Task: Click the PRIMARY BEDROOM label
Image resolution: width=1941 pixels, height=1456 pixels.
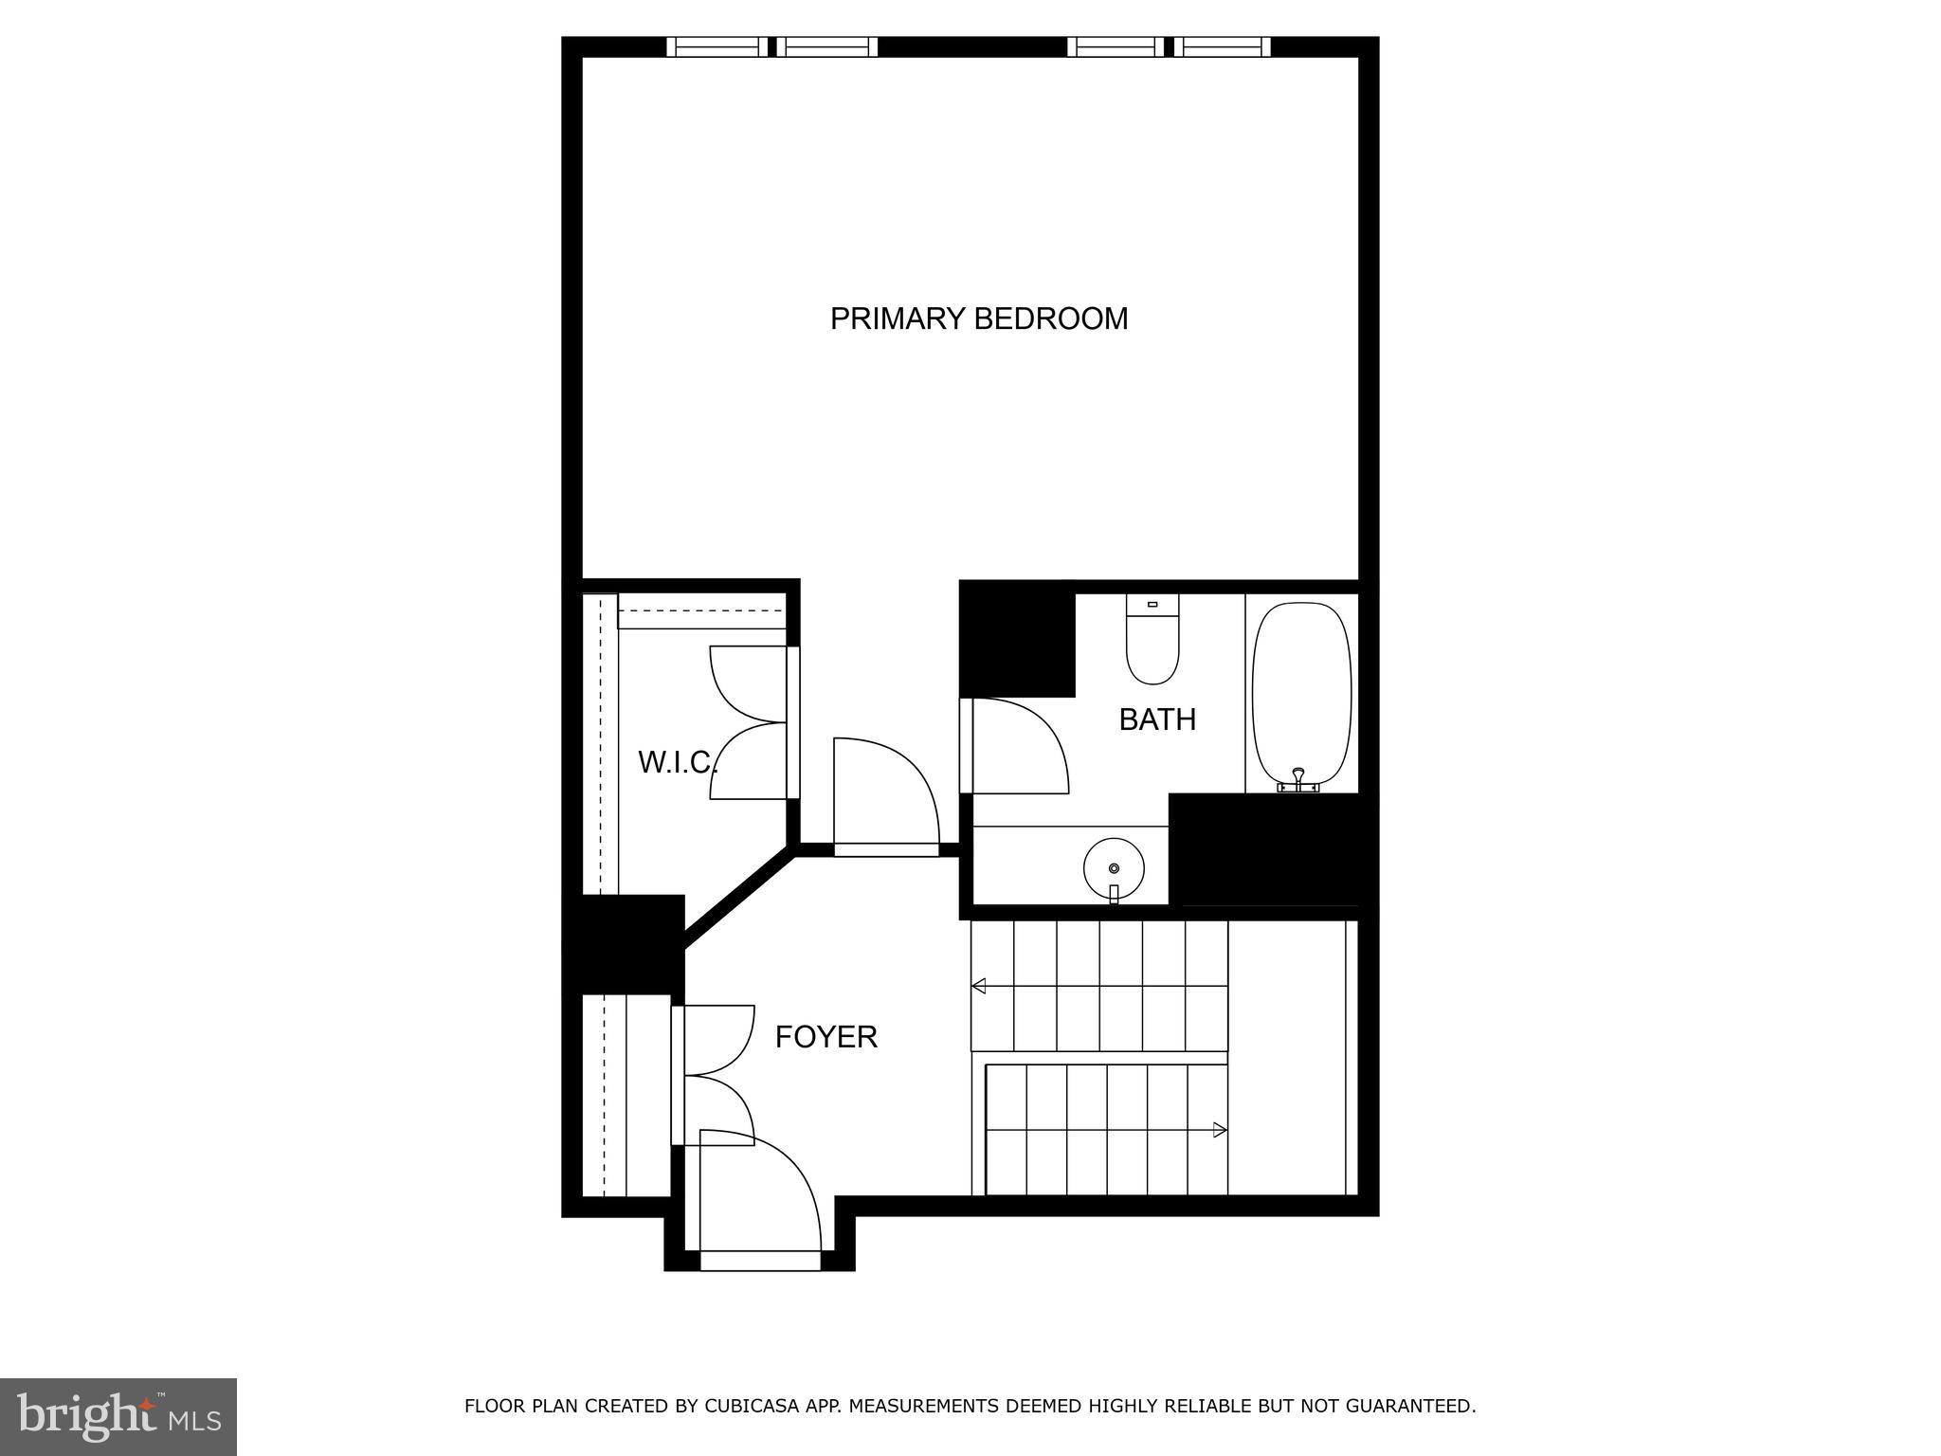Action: [979, 318]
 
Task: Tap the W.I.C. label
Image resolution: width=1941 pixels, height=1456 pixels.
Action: [676, 762]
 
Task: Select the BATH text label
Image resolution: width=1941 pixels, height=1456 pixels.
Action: [1156, 719]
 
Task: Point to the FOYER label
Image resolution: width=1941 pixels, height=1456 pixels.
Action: [825, 1037]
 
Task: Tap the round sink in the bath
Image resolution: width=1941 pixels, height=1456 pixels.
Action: [1114, 868]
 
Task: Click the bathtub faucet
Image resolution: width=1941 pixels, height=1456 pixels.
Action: [1298, 781]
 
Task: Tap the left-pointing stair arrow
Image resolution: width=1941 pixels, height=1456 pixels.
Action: [979, 986]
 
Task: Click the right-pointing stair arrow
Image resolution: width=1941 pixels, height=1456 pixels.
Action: [1220, 1130]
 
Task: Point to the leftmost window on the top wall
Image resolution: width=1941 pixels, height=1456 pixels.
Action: [717, 47]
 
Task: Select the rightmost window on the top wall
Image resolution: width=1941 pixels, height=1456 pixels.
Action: [1225, 47]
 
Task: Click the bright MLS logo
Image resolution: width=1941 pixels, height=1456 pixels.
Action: [118, 1416]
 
